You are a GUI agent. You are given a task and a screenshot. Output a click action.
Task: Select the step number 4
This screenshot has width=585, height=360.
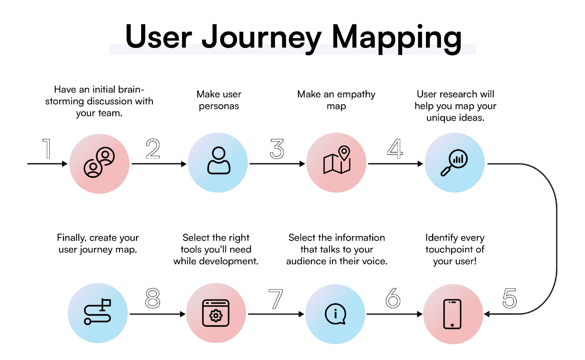395,149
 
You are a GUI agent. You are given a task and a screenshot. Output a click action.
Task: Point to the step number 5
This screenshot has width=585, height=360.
510,298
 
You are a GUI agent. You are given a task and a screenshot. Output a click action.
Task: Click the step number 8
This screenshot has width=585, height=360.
152,298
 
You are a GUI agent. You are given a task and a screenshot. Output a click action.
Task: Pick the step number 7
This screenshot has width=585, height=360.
276,299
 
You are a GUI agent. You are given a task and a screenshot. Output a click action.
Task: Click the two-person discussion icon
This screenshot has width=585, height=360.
99,162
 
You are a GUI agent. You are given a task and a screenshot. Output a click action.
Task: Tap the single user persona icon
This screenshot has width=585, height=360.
219,160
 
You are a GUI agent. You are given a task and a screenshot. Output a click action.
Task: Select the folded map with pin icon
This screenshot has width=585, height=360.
337,160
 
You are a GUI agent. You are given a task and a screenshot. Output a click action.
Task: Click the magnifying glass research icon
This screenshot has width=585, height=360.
454,162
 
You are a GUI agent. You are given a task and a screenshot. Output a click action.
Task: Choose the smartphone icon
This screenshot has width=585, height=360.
452,314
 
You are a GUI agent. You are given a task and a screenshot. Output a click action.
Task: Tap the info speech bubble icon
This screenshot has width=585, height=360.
336,314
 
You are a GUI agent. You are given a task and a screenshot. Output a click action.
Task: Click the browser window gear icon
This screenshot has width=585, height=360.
216,313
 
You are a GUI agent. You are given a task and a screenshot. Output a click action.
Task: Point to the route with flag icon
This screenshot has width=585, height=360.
97,312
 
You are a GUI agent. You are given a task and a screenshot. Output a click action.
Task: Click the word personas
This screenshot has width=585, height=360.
219,106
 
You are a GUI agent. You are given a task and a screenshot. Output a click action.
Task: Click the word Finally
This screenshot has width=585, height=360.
71,238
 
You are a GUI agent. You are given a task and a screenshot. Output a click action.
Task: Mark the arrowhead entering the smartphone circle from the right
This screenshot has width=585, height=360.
487,314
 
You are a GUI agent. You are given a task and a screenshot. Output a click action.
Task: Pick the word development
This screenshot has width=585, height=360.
229,261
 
